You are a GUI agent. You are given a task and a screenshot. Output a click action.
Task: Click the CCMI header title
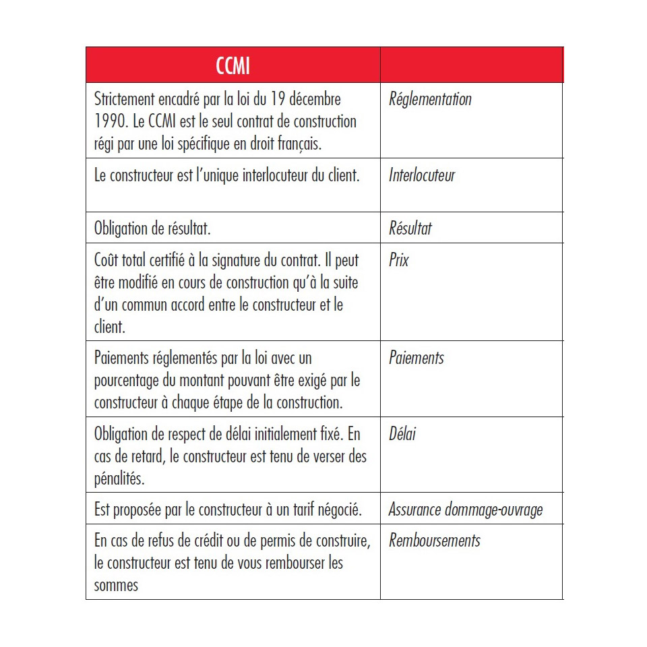[233, 66]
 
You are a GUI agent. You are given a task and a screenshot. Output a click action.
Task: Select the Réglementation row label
[430, 99]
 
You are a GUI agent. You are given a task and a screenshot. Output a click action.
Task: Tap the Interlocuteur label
[422, 175]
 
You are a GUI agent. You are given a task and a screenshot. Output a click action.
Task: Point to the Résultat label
[410, 228]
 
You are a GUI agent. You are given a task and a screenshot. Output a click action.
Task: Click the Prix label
[399, 259]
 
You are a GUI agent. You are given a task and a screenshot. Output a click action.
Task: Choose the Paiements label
[417, 358]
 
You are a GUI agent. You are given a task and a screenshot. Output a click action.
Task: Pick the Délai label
[402, 433]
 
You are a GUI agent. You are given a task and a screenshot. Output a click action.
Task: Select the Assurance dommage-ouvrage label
[466, 510]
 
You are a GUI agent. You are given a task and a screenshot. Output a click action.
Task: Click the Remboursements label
[435, 541]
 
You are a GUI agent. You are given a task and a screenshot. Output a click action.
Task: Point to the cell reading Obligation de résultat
[152, 228]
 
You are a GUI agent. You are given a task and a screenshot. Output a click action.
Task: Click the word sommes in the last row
[116, 585]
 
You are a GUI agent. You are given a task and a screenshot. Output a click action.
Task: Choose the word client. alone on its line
[110, 328]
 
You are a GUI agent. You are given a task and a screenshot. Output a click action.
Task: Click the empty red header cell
[472, 65]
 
